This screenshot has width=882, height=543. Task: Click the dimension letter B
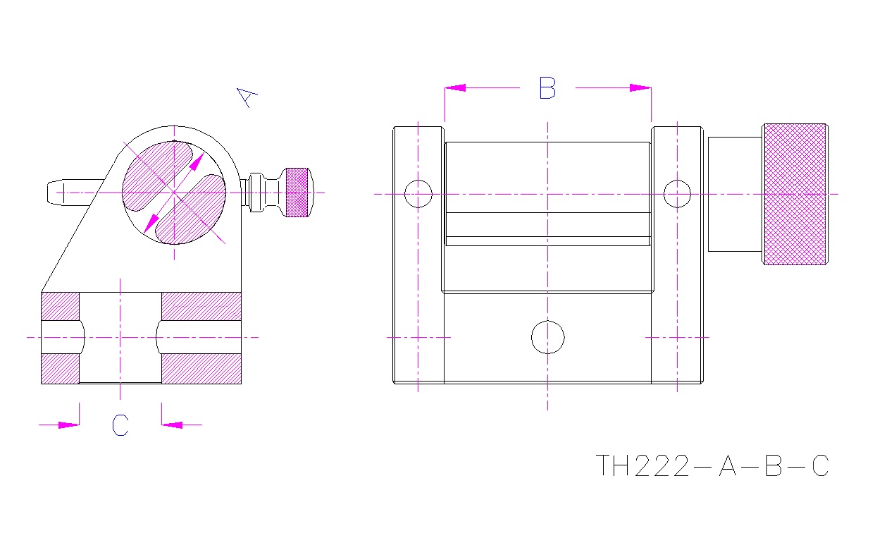tap(547, 88)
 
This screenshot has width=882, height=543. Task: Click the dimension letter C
tap(120, 425)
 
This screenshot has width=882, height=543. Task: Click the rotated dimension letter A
tap(246, 97)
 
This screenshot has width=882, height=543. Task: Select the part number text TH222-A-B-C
tap(712, 466)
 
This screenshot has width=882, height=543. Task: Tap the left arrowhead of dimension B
tap(455, 88)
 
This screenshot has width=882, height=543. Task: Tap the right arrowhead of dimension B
tap(640, 88)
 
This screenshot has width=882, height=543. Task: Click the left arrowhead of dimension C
tap(69, 425)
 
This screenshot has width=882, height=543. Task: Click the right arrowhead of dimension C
tap(172, 425)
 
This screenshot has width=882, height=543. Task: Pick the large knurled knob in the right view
tap(795, 194)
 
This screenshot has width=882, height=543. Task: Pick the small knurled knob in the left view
tap(297, 192)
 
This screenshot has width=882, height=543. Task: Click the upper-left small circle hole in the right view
tap(418, 193)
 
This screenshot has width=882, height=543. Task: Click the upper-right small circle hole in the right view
tap(677, 193)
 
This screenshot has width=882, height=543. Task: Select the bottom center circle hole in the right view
tap(547, 337)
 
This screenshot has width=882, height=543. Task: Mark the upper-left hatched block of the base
tap(61, 306)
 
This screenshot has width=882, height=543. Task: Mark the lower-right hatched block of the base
tap(201, 368)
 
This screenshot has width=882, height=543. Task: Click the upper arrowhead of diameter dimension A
tap(195, 164)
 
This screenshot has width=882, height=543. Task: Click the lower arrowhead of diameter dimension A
tap(150, 224)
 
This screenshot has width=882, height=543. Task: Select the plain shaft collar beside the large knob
tap(734, 194)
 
